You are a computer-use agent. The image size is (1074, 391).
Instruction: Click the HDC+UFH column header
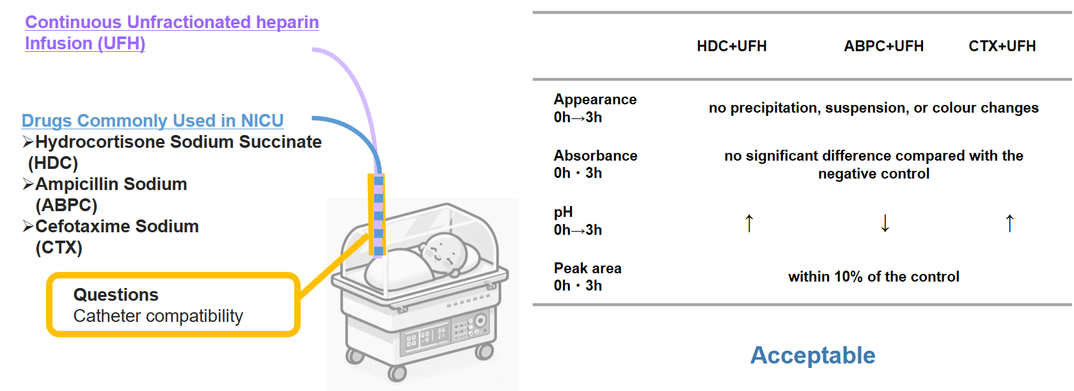(x=731, y=46)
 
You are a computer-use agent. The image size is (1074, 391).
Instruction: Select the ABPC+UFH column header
(x=883, y=46)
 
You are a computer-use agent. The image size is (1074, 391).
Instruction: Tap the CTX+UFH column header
(x=1002, y=46)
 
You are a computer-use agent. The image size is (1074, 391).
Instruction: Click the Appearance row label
(x=595, y=100)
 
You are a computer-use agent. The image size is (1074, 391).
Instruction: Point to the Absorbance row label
(x=595, y=156)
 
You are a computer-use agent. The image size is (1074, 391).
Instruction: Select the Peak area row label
(x=587, y=269)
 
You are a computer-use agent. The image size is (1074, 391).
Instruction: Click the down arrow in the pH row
(x=885, y=223)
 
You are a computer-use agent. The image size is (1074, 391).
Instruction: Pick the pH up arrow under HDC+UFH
(x=749, y=223)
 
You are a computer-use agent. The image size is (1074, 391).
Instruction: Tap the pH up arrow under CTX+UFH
(x=1009, y=223)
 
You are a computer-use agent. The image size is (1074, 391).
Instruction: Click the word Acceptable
(x=812, y=355)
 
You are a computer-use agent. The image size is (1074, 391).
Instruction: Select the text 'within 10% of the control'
(x=873, y=276)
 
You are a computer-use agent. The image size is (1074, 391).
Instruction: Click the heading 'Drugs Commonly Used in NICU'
(x=152, y=120)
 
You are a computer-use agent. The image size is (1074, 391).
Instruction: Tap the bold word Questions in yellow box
(x=116, y=295)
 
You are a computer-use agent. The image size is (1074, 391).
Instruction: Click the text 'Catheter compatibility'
(x=158, y=316)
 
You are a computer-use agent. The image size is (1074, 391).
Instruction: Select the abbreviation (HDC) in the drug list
(x=53, y=163)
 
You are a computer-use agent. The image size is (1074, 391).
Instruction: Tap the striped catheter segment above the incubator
(x=378, y=214)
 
